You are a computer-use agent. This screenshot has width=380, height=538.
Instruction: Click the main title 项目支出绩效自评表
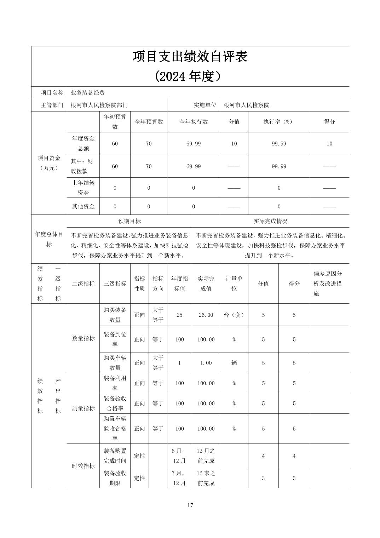[190, 57]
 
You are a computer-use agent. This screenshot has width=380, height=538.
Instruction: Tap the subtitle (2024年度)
[190, 76]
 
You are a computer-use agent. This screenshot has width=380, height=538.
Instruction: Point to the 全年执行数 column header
[194, 122]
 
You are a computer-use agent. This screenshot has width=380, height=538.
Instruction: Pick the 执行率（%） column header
[279, 122]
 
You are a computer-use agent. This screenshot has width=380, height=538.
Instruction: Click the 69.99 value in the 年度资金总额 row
[194, 144]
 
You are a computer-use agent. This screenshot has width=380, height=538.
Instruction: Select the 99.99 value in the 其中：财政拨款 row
[279, 166]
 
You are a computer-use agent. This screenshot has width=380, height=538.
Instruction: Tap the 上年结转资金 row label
[84, 188]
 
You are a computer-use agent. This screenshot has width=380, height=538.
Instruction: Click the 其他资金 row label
[84, 206]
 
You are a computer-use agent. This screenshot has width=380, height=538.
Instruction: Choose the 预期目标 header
[129, 221]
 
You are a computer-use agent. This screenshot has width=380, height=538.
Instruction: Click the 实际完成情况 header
[270, 221]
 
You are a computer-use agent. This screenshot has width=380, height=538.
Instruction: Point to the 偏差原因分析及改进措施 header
[328, 284]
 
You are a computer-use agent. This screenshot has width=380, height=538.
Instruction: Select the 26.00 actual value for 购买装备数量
[206, 315]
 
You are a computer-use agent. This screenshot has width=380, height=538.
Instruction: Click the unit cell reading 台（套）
[234, 315]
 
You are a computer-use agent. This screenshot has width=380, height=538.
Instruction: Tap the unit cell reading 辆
[234, 363]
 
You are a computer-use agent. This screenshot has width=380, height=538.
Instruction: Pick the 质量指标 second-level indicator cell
[84, 408]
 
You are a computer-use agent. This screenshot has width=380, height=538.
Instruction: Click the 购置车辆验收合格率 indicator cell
[115, 429]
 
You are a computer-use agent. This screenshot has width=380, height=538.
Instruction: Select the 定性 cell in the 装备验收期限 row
[139, 478]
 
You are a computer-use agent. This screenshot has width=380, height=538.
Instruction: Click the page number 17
[190, 505]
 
